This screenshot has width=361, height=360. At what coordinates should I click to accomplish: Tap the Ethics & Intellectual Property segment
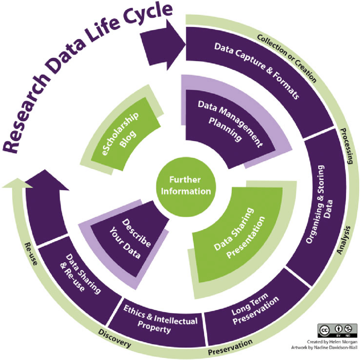pyautogui.click(x=159, y=322)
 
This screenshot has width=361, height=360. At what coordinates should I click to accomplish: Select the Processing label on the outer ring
pyautogui.click(x=347, y=146)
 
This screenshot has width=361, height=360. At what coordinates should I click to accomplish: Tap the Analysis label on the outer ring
pyautogui.click(x=344, y=240)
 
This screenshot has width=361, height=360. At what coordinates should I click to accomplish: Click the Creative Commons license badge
pyautogui.click(x=338, y=331)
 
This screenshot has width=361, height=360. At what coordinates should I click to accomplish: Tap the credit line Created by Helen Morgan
pyautogui.click(x=332, y=342)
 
